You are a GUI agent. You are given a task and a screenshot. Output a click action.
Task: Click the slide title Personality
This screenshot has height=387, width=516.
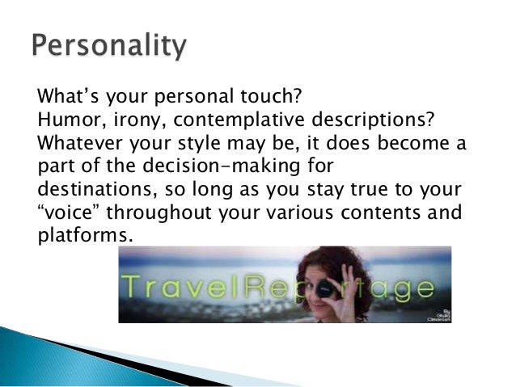(108, 48)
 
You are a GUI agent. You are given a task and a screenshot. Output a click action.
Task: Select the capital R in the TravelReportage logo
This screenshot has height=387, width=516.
(264, 288)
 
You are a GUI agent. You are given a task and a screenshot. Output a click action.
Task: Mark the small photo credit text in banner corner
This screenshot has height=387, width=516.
(434, 312)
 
